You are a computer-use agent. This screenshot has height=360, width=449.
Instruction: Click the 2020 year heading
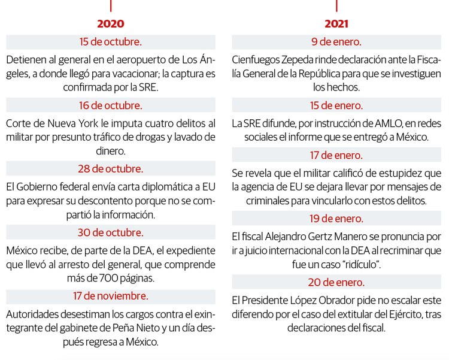point(111,24)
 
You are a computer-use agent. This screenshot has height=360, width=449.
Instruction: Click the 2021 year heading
point(336,24)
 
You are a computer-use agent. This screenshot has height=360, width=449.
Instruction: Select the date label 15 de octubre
point(111,42)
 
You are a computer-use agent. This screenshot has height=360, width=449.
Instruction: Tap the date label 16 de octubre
point(111,105)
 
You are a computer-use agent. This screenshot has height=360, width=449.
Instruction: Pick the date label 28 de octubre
point(111,168)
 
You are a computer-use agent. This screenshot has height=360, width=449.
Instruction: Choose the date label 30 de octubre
point(111,232)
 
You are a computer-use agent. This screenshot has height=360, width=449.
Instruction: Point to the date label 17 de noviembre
point(111,295)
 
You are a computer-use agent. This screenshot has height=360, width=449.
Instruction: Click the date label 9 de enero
point(336,42)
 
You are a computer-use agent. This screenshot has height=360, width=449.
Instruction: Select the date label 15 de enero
point(336,105)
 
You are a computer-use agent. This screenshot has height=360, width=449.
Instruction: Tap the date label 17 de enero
point(336,156)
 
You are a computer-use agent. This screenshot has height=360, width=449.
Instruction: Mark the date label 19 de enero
point(336,219)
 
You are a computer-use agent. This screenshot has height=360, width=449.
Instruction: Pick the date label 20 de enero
point(336,282)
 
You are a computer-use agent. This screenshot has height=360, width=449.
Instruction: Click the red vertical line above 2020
point(111,5)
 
